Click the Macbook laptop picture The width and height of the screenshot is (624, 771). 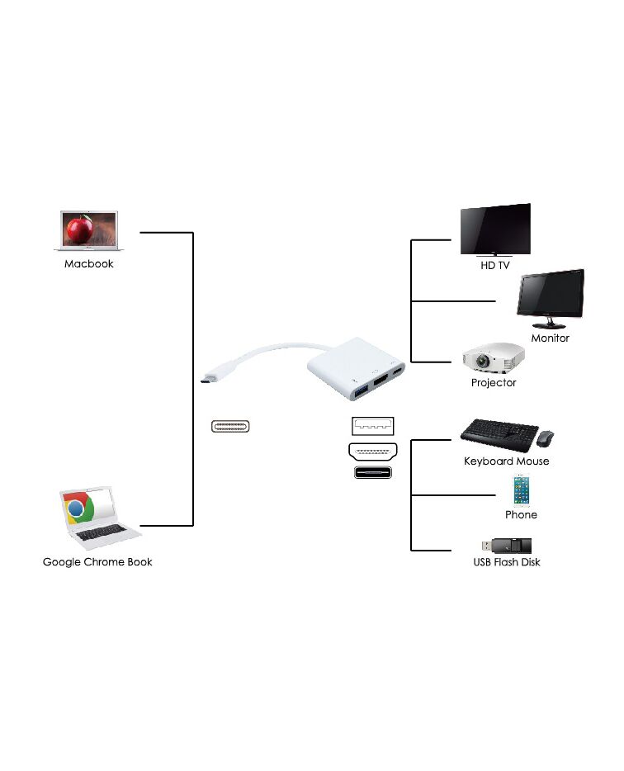88,230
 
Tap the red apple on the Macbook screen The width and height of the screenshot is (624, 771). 80,229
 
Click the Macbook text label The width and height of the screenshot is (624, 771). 89,264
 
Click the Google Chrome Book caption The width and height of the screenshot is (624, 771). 97,562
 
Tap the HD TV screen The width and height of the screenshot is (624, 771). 495,229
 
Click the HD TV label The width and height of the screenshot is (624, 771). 495,266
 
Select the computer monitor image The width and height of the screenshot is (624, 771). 551,299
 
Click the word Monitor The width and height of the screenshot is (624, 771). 551,338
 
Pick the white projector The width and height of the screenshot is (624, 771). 494,357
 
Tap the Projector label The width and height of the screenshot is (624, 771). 494,382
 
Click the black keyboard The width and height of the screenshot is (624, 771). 499,434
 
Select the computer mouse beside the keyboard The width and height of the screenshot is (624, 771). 545,438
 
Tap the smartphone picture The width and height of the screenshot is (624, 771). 521,490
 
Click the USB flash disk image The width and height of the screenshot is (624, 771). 507,546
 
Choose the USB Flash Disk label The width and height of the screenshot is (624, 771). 507,562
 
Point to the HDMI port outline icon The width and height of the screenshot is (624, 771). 373,451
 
